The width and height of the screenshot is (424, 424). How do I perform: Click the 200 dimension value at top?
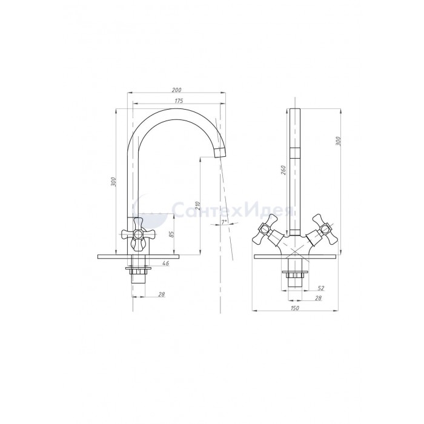coord(176,90)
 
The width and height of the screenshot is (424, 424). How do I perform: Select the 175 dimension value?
coord(179,101)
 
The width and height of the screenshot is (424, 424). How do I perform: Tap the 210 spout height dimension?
coord(197,206)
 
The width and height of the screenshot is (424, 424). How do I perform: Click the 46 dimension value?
coord(165,263)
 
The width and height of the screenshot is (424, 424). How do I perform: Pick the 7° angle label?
coord(224,222)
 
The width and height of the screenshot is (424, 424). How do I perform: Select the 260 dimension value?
coord(283,170)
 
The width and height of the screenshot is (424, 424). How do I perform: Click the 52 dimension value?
coord(320,288)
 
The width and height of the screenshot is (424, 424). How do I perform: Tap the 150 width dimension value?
coord(295,308)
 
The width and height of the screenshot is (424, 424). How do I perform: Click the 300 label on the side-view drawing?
coord(113,182)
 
